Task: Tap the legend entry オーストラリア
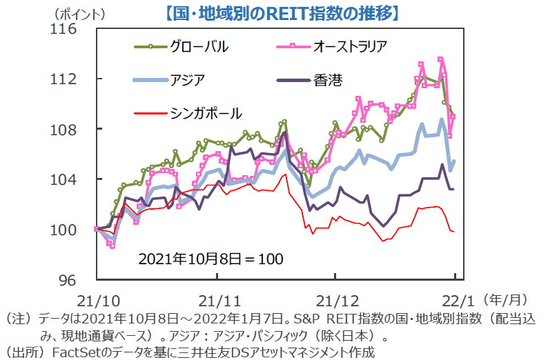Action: click(348, 47)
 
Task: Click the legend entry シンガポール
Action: click(206, 111)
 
